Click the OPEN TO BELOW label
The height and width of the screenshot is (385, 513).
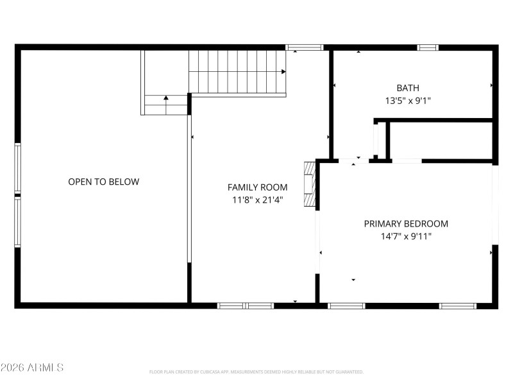coord(103,182)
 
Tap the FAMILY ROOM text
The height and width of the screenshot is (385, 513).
coord(257,187)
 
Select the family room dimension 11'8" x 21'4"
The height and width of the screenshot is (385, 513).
coord(257,200)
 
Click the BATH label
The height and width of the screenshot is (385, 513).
coord(408,88)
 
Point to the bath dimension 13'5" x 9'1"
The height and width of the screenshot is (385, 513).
coord(408,100)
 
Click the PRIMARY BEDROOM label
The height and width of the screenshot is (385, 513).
coord(406,224)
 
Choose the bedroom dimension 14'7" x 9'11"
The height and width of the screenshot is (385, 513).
coord(406,236)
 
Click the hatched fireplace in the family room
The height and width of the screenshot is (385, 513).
coord(310,185)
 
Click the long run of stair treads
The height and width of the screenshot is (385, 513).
coord(237,73)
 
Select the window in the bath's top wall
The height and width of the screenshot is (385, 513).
coord(427,47)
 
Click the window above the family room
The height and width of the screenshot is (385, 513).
coord(305,47)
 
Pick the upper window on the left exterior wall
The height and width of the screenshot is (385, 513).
coord(18,167)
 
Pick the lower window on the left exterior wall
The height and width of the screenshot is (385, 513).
coord(18,221)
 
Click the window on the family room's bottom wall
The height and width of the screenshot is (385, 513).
coord(246,305)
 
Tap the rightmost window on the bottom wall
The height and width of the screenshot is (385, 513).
coord(458,305)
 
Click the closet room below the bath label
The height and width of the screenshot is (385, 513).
coord(440,140)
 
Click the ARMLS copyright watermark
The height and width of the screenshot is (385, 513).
coord(32,368)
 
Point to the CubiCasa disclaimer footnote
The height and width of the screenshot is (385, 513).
coord(256,372)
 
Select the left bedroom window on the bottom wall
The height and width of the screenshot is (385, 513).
coord(346,305)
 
